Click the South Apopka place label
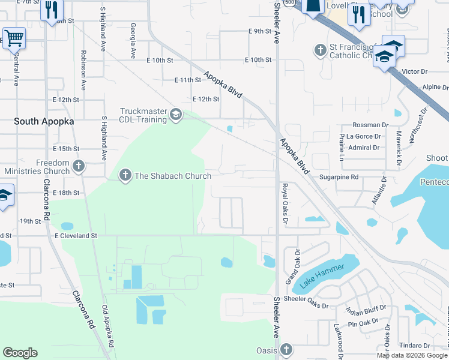tap(44, 121)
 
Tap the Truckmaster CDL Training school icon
tap(176, 115)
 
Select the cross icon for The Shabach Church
tap(125, 176)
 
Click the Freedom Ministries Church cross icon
tap(79, 166)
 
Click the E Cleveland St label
tap(76, 236)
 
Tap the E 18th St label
tap(66, 193)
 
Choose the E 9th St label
tap(259, 31)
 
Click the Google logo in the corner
tap(20, 353)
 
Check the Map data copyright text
tap(411, 355)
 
